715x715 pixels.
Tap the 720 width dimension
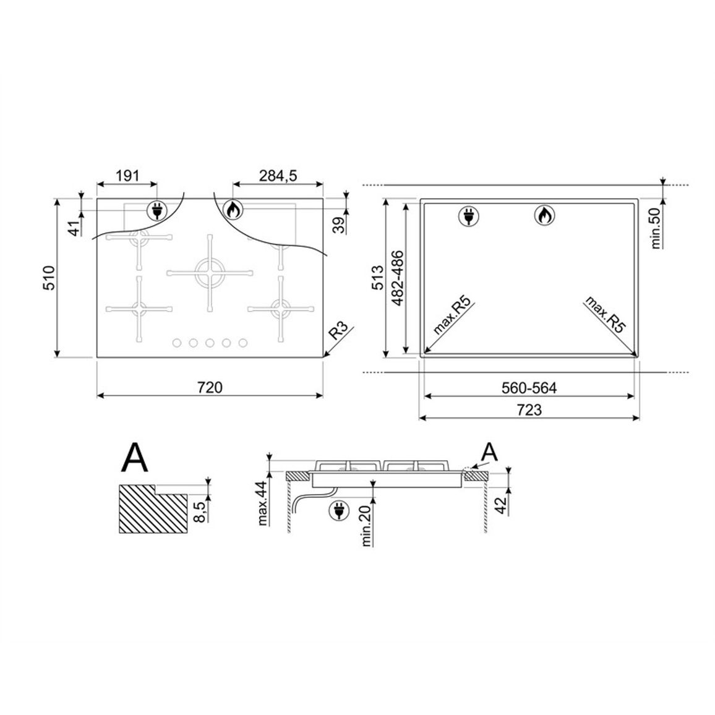(210, 387)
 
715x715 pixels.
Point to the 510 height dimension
(49, 278)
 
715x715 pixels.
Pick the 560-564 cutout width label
(529, 388)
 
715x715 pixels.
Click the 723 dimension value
(529, 410)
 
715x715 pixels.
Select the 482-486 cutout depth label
(397, 278)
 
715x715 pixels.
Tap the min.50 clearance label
(655, 228)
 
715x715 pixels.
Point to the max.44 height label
(262, 503)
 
